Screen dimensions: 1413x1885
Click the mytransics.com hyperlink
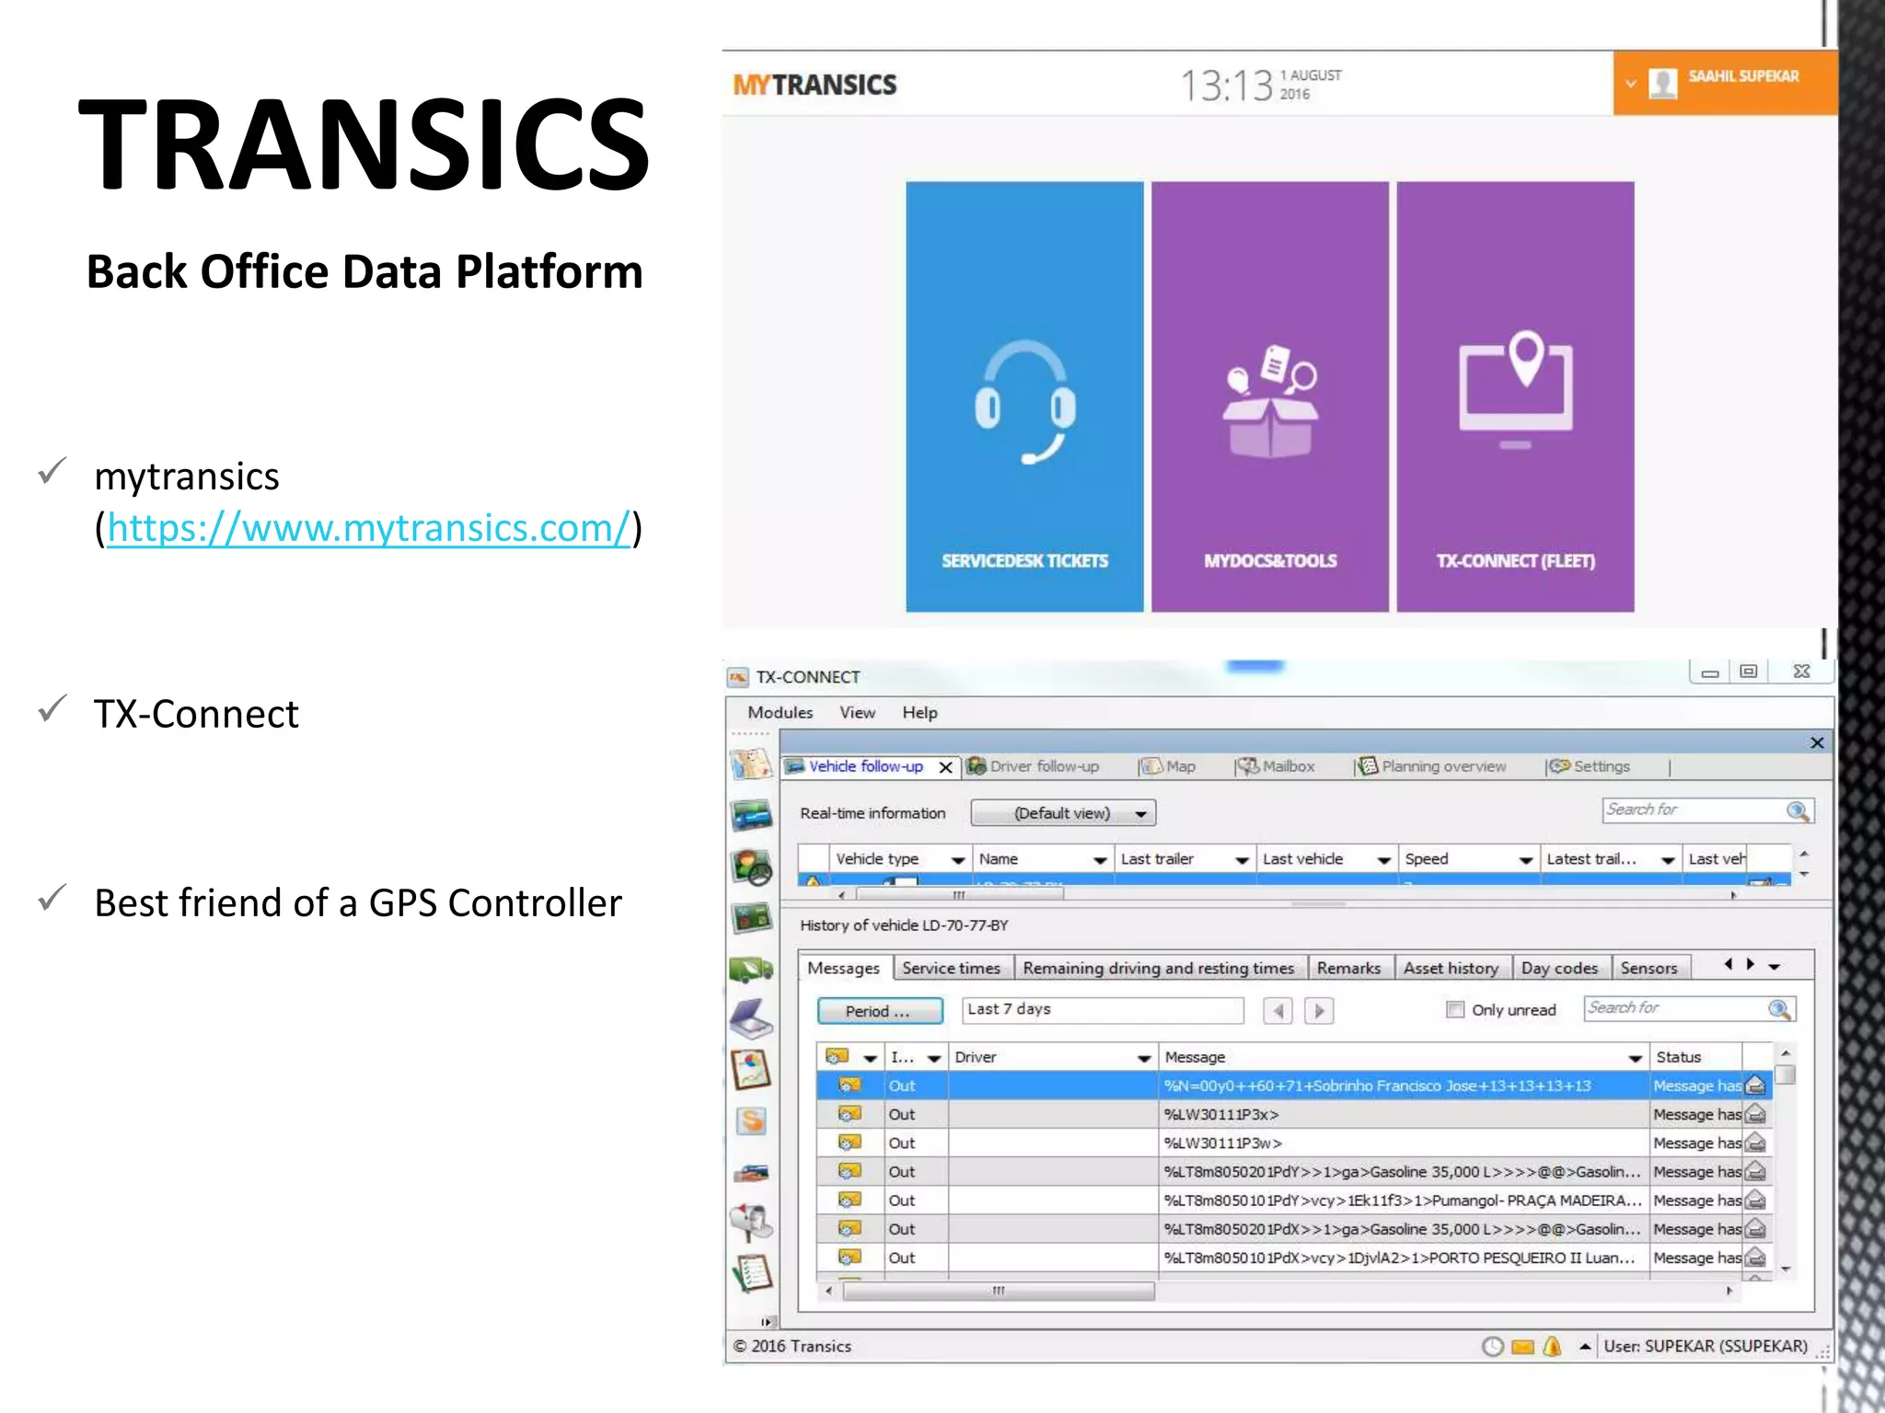point(368,529)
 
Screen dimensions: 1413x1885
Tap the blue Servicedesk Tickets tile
point(1024,396)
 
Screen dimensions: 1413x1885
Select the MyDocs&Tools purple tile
point(1269,396)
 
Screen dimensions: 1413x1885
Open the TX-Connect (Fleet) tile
point(1515,396)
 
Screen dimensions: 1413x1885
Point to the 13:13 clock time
point(1226,86)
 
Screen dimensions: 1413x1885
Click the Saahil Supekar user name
point(1742,76)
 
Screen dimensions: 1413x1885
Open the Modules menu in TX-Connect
point(780,713)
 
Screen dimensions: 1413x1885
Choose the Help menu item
point(919,713)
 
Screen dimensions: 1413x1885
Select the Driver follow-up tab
point(1043,766)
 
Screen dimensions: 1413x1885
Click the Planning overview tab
point(1442,766)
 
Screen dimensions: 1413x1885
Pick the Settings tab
point(1601,766)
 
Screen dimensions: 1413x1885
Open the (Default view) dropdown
point(1063,813)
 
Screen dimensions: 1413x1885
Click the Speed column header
point(1427,859)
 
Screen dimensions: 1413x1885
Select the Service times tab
point(951,968)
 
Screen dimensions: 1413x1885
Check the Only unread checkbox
point(1455,1010)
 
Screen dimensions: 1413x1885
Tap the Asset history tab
point(1451,968)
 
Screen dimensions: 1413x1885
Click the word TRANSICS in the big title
point(364,145)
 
